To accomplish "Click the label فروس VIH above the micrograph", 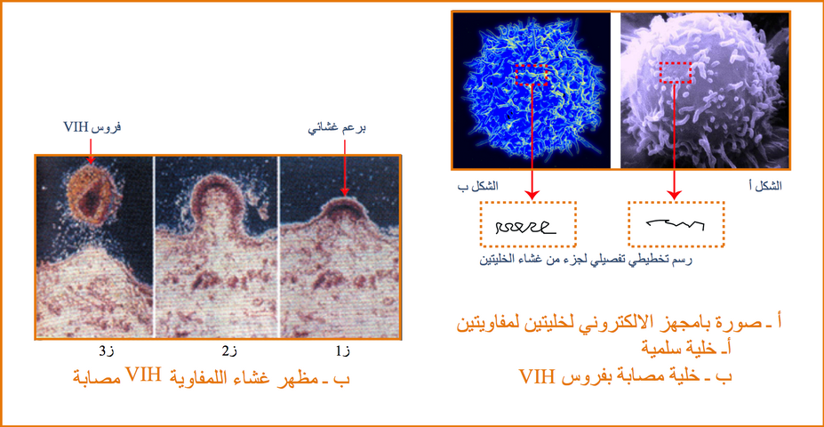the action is click(x=90, y=127).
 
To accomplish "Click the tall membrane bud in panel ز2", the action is click(x=216, y=205).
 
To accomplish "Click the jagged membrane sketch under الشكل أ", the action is click(x=675, y=224).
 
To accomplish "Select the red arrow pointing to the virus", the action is click(x=90, y=151).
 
